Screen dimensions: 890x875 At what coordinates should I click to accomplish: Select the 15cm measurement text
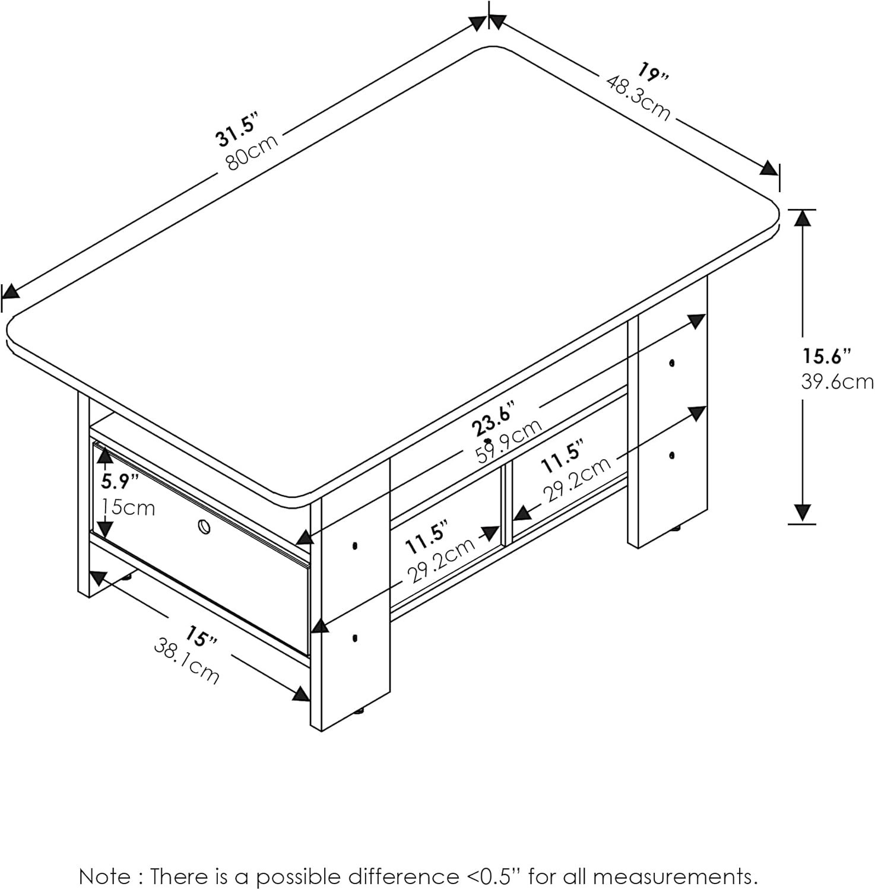(129, 507)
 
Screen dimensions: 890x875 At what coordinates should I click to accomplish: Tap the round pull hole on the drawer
(204, 526)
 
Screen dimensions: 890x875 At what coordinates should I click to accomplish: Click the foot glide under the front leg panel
(359, 712)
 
